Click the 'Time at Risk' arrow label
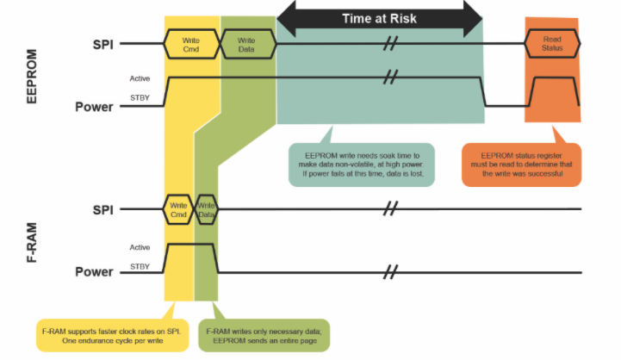pos(380,19)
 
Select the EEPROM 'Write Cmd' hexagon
pos(192,45)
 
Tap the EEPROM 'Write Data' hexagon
pos(248,45)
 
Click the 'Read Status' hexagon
pos(552,44)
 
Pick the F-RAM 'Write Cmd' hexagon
pos(178,209)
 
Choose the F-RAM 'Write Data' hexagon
pos(206,209)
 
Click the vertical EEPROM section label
pos(31,77)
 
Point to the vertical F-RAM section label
pos(31,243)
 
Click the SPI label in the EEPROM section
pos(103,45)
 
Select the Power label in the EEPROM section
pos(94,107)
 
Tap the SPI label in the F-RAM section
pos(103,210)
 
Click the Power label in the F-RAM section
pos(94,272)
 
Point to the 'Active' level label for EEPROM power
pos(140,78)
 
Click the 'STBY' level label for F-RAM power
pos(140,266)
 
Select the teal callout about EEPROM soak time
pos(361,164)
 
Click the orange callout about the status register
pos(522,164)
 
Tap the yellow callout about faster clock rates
pos(113,335)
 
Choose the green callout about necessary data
pos(264,335)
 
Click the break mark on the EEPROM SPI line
pos(390,43)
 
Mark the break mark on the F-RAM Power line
pos(390,272)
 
